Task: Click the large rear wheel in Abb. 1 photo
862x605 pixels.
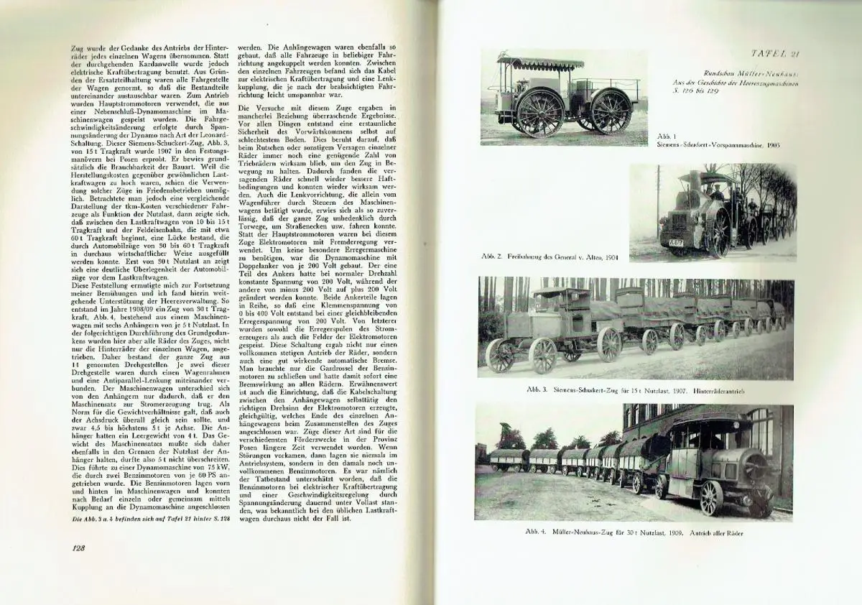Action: tap(539, 114)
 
